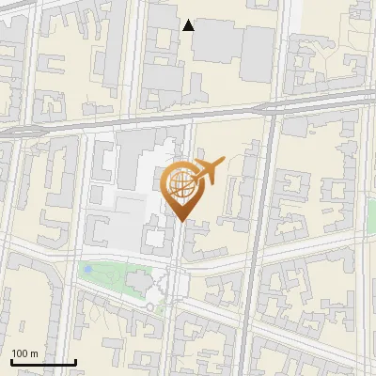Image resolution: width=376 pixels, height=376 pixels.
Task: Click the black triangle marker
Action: click(x=188, y=25)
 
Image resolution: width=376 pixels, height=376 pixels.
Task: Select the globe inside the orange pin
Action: click(x=180, y=183)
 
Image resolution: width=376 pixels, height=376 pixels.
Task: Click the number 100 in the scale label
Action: click(x=21, y=353)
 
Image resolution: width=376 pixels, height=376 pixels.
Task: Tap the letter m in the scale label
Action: click(x=35, y=353)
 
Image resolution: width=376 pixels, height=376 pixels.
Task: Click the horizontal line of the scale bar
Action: click(x=42, y=362)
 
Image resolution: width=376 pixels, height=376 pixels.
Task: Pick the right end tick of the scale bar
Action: click(x=75, y=360)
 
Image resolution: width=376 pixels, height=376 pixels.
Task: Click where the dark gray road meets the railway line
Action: click(x=272, y=109)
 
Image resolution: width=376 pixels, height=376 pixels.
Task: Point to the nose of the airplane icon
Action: click(x=224, y=162)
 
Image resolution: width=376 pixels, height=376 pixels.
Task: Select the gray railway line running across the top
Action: click(x=141, y=120)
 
